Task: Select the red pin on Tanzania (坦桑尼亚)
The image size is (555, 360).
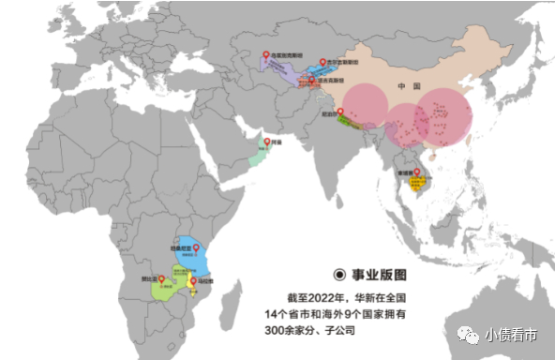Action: coord(197,247)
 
